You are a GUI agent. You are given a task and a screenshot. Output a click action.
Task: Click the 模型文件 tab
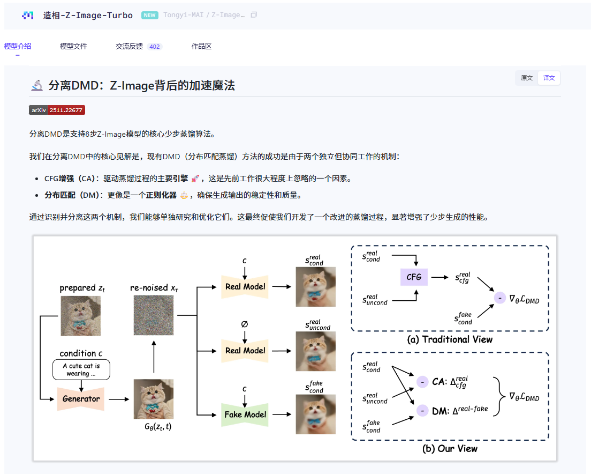pyautogui.click(x=73, y=46)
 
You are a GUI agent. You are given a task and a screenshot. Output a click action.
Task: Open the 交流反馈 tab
pyautogui.click(x=129, y=46)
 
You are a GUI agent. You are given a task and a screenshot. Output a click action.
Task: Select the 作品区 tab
pyautogui.click(x=201, y=46)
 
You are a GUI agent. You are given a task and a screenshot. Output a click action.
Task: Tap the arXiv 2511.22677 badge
pyautogui.click(x=57, y=110)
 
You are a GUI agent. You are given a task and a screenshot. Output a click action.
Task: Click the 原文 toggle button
pyautogui.click(x=527, y=78)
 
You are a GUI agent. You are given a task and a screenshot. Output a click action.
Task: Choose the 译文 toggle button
pyautogui.click(x=549, y=78)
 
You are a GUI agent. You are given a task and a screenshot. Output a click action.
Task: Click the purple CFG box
pyautogui.click(x=414, y=277)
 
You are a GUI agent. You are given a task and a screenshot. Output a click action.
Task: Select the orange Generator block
pyautogui.click(x=81, y=398)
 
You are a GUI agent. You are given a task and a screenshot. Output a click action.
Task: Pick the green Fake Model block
pyautogui.click(x=245, y=414)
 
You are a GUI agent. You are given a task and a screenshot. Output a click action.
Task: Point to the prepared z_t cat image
pyautogui.click(x=80, y=316)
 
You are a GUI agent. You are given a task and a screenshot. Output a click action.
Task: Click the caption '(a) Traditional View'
pyautogui.click(x=450, y=339)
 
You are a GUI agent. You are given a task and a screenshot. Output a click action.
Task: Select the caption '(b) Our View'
pyautogui.click(x=450, y=448)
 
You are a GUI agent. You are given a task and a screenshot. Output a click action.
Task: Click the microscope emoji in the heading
pyautogui.click(x=37, y=85)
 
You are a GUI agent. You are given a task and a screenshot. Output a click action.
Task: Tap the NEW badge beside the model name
pyautogui.click(x=149, y=15)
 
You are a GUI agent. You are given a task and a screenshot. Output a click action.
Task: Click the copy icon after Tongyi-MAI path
pyautogui.click(x=254, y=15)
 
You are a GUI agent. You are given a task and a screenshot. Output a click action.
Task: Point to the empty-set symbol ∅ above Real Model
pyautogui.click(x=245, y=324)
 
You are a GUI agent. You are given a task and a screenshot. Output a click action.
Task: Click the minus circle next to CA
pyautogui.click(x=422, y=382)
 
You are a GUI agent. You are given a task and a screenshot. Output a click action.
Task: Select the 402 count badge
pyautogui.click(x=155, y=47)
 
